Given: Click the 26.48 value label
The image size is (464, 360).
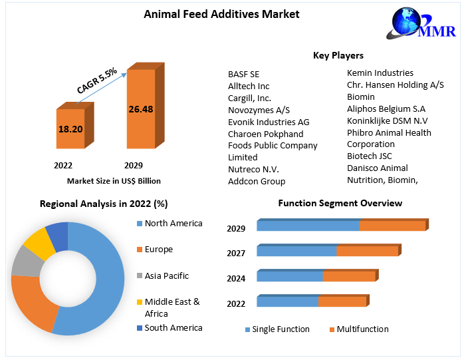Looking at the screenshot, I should click(141, 108).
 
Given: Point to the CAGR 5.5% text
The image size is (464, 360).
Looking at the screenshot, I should click(97, 80).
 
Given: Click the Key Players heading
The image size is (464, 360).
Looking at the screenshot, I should click(338, 55).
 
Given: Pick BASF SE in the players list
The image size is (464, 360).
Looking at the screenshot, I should click(243, 74).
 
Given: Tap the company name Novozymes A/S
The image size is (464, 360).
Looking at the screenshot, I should click(259, 110).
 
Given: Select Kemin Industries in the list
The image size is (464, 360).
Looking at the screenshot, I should click(380, 73).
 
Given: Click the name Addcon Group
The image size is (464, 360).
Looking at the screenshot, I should click(257, 181).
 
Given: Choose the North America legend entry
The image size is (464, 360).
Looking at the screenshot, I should click(173, 224).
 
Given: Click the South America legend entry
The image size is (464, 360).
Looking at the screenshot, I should click(173, 327).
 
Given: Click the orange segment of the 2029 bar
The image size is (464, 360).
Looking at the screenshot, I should click(392, 226).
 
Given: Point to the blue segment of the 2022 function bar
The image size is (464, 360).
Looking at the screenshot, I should click(287, 302).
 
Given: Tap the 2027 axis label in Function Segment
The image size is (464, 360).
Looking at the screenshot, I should click(236, 254).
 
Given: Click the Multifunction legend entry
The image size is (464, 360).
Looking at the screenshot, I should click(362, 329).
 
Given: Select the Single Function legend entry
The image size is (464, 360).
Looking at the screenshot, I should click(281, 329).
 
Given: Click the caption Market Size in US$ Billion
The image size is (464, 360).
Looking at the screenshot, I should click(114, 181).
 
